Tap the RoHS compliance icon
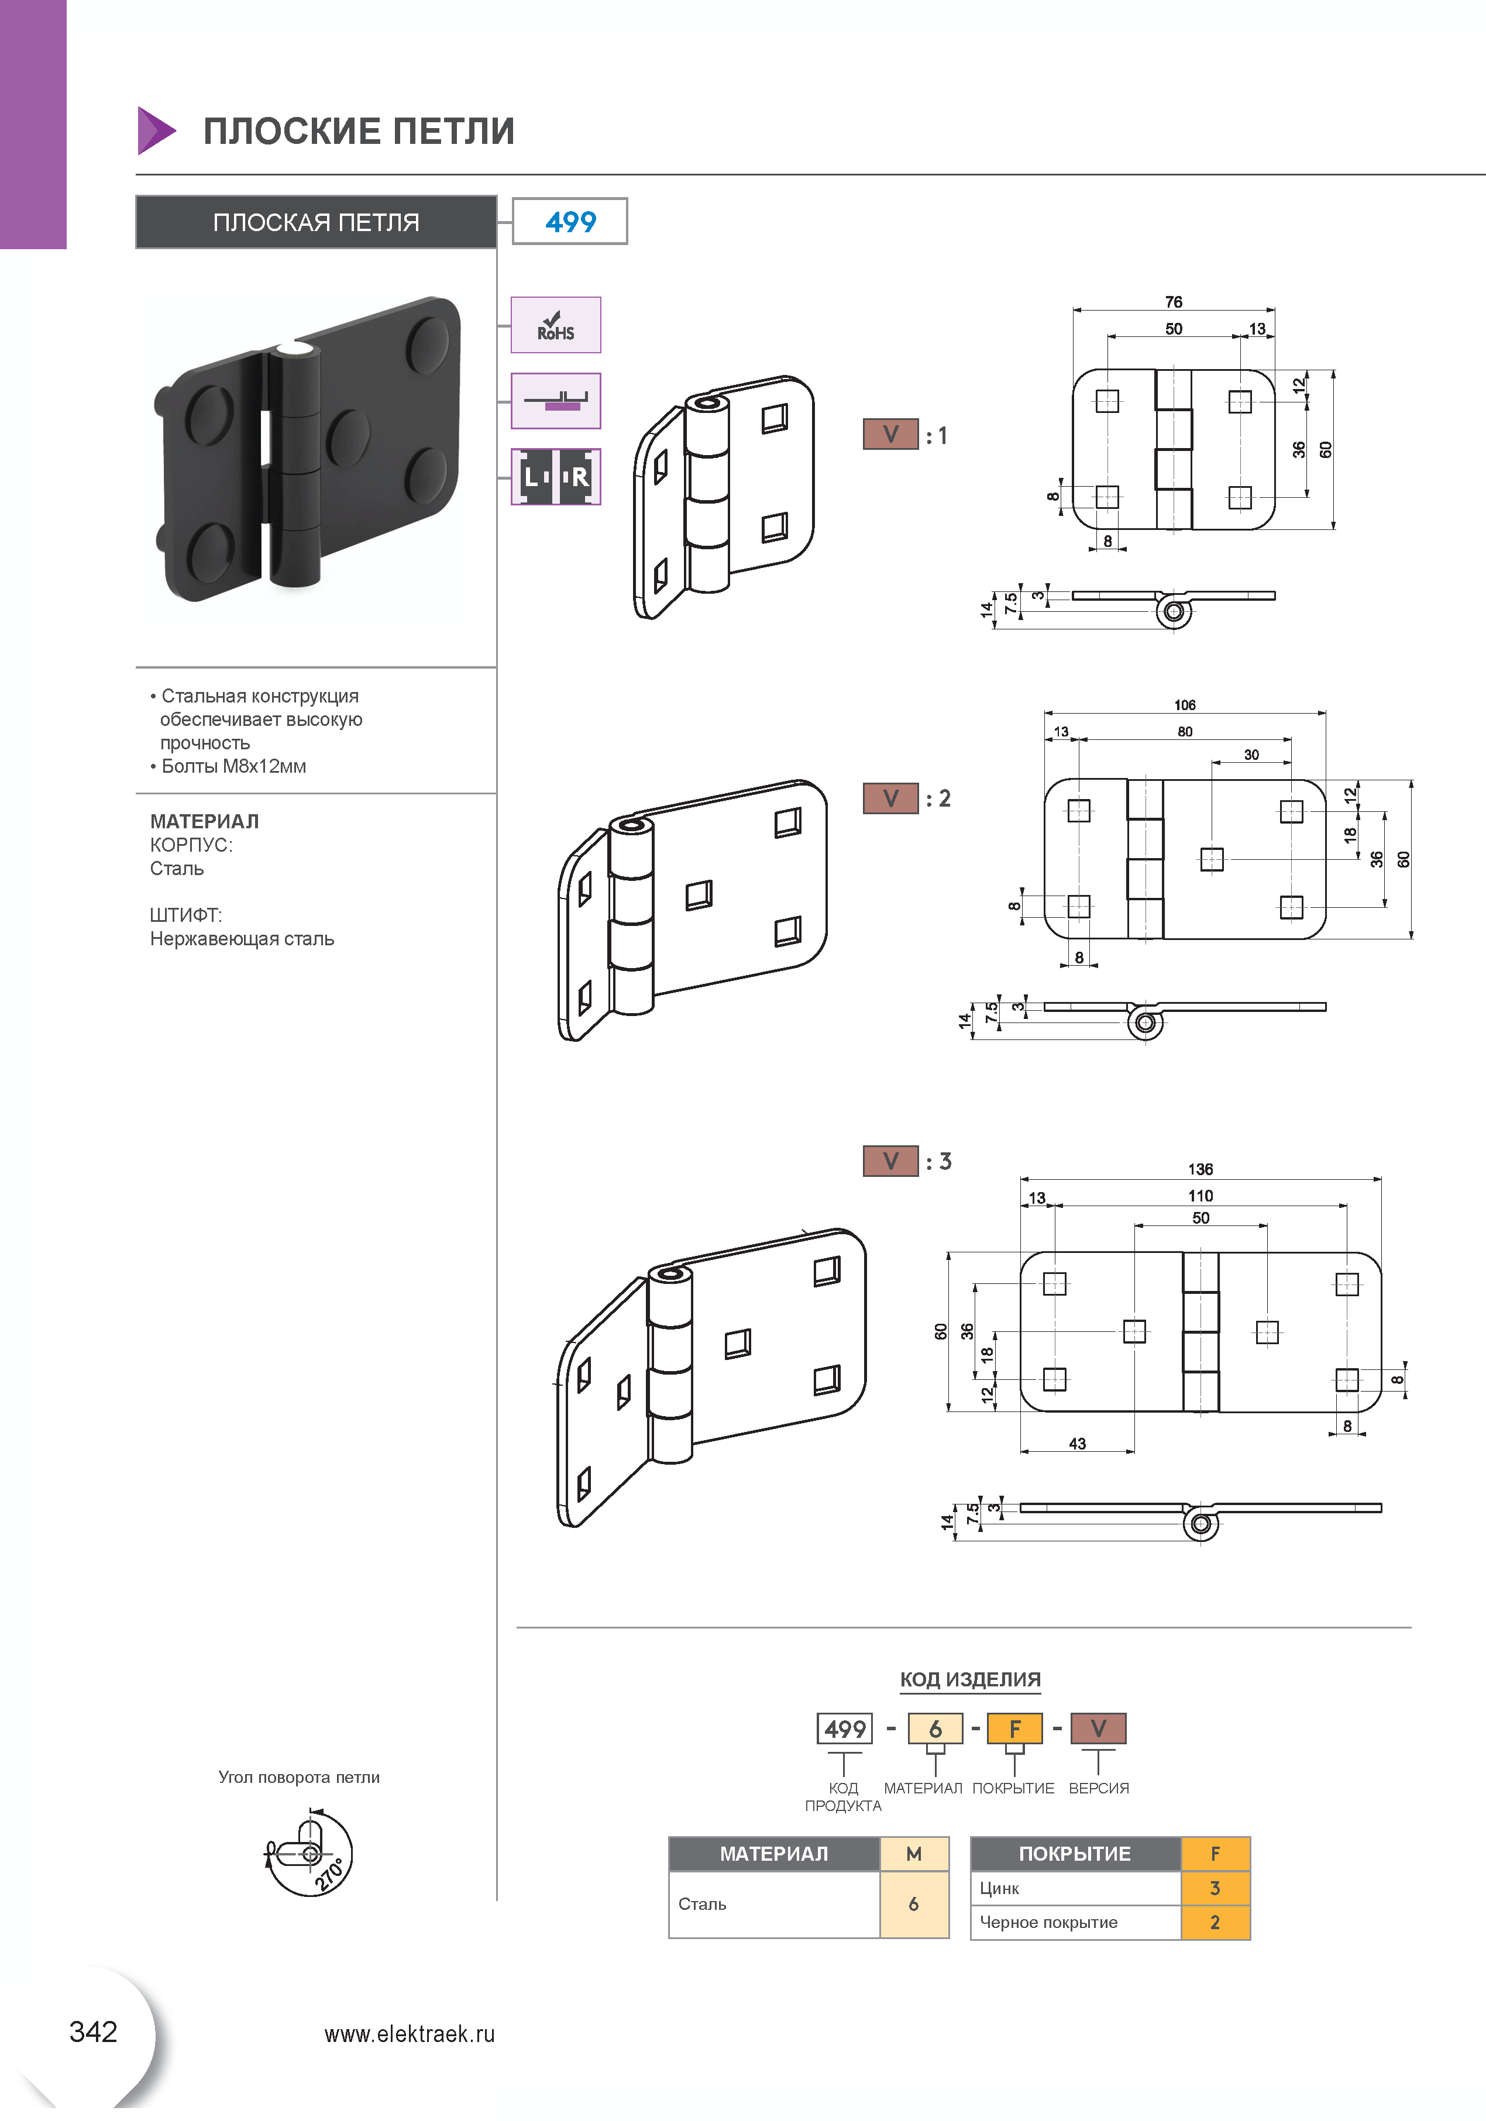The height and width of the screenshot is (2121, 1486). tap(555, 325)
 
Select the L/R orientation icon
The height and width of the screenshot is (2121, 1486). tap(555, 477)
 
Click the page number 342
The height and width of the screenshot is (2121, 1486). tap(94, 2032)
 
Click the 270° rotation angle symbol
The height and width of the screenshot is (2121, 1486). tap(309, 1853)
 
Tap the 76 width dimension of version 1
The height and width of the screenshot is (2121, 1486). tap(1173, 302)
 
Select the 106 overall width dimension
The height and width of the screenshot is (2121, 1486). tap(1185, 705)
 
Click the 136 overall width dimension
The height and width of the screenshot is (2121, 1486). tap(1201, 1169)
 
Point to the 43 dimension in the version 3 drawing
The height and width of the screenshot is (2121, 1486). tap(1078, 1444)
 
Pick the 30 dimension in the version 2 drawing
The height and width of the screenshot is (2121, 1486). tap(1251, 755)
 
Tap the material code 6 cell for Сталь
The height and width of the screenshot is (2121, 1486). tap(914, 1904)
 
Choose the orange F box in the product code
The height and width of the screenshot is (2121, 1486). tap(1014, 1729)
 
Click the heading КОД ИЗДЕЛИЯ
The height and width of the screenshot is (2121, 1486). tap(971, 1679)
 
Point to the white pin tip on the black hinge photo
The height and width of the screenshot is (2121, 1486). tap(295, 348)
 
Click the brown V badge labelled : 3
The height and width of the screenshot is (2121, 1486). tap(890, 1161)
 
